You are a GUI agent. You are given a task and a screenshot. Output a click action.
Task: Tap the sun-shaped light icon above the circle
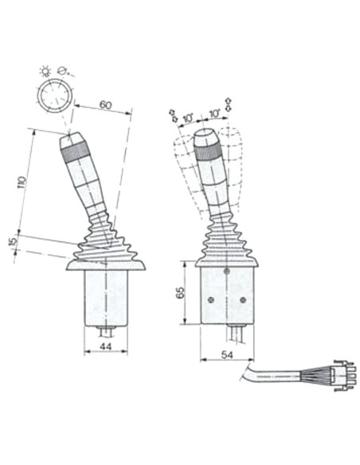(45, 71)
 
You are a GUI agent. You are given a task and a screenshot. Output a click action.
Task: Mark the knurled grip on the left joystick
(72, 144)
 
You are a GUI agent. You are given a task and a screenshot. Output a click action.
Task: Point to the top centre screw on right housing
(227, 271)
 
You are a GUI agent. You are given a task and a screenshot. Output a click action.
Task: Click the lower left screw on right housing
(210, 300)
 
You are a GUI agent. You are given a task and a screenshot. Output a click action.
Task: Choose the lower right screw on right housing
(243, 300)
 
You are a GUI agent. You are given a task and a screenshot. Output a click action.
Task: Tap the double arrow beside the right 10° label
(229, 104)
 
